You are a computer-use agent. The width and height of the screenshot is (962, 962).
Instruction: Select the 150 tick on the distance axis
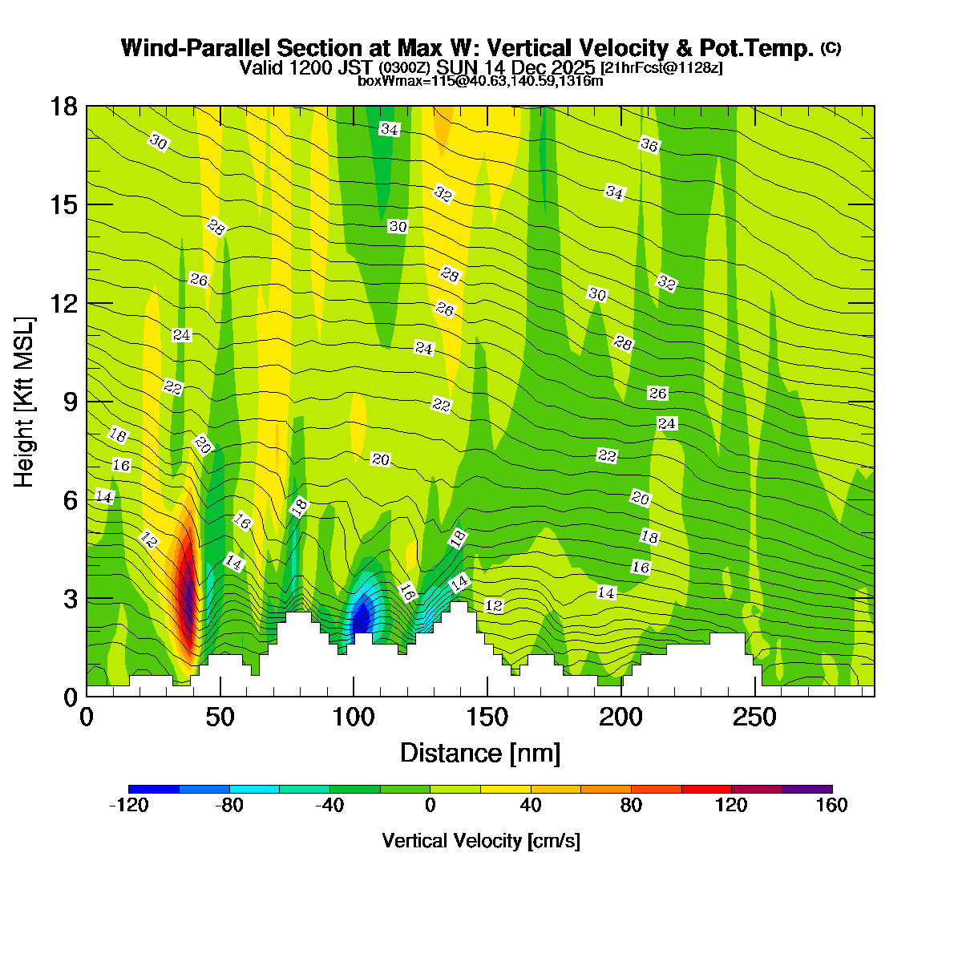pos(487,717)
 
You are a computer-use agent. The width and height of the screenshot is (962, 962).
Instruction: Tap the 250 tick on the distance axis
pos(754,717)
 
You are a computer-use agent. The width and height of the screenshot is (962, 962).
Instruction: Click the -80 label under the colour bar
pos(229,806)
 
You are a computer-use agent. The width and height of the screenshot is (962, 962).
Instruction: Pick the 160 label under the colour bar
pos(831,806)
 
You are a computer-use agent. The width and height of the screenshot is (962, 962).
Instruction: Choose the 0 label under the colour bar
pos(430,806)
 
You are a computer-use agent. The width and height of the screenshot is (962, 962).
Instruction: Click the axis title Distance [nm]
pos(479,754)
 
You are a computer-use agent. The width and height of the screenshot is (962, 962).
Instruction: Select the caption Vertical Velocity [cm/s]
pos(480,841)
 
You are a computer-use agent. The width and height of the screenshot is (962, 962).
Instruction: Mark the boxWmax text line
pos(480,81)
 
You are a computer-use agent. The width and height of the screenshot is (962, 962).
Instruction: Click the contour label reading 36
pos(649,145)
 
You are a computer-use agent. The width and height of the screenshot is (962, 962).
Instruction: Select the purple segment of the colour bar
pos(806,789)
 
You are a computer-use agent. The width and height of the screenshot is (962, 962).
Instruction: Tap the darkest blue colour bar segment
pos(154,789)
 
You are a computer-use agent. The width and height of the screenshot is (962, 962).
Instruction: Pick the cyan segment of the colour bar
pos(254,789)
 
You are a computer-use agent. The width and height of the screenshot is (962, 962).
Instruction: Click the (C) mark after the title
pos(831,48)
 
